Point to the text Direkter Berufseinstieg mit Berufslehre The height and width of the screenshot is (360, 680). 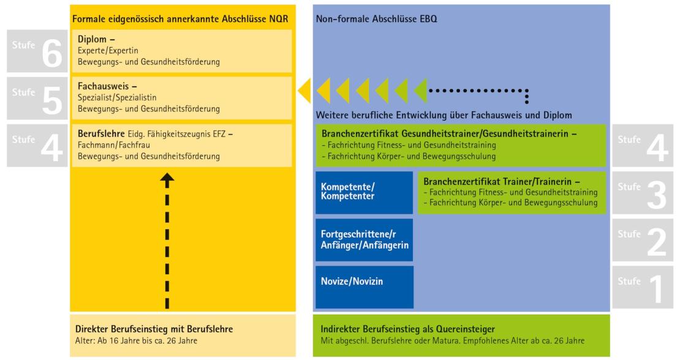[154, 329]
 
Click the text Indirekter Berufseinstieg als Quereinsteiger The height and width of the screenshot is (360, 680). [409, 329]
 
